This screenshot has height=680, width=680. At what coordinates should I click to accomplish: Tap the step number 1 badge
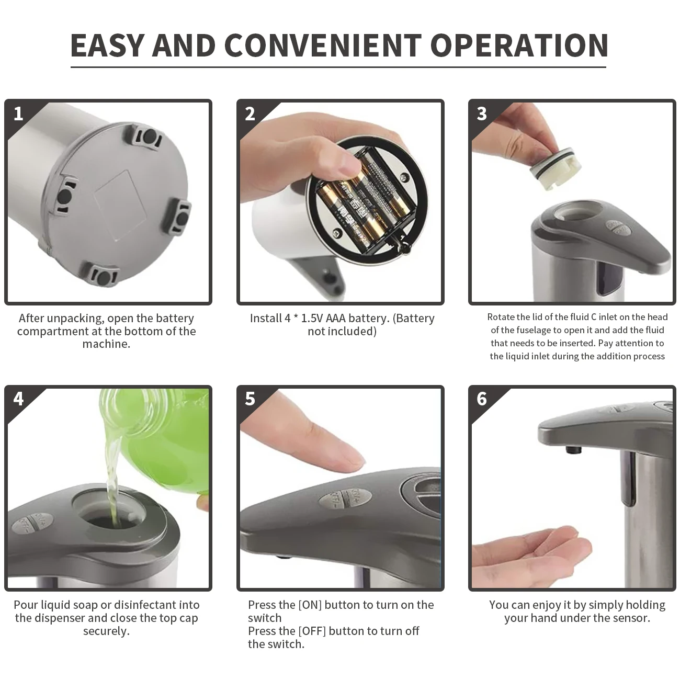tap(18, 114)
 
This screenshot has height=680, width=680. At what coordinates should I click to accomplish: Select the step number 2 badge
tap(250, 114)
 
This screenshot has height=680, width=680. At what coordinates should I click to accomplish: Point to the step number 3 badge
tap(482, 114)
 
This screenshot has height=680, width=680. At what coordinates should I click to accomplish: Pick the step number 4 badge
tap(18, 399)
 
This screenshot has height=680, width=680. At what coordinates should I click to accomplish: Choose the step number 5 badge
tap(250, 399)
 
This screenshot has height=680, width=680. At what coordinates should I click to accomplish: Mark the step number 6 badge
tap(482, 399)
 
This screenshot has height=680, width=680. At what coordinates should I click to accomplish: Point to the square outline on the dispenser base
tap(120, 205)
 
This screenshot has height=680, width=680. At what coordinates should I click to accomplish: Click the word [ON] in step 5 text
tap(310, 605)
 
